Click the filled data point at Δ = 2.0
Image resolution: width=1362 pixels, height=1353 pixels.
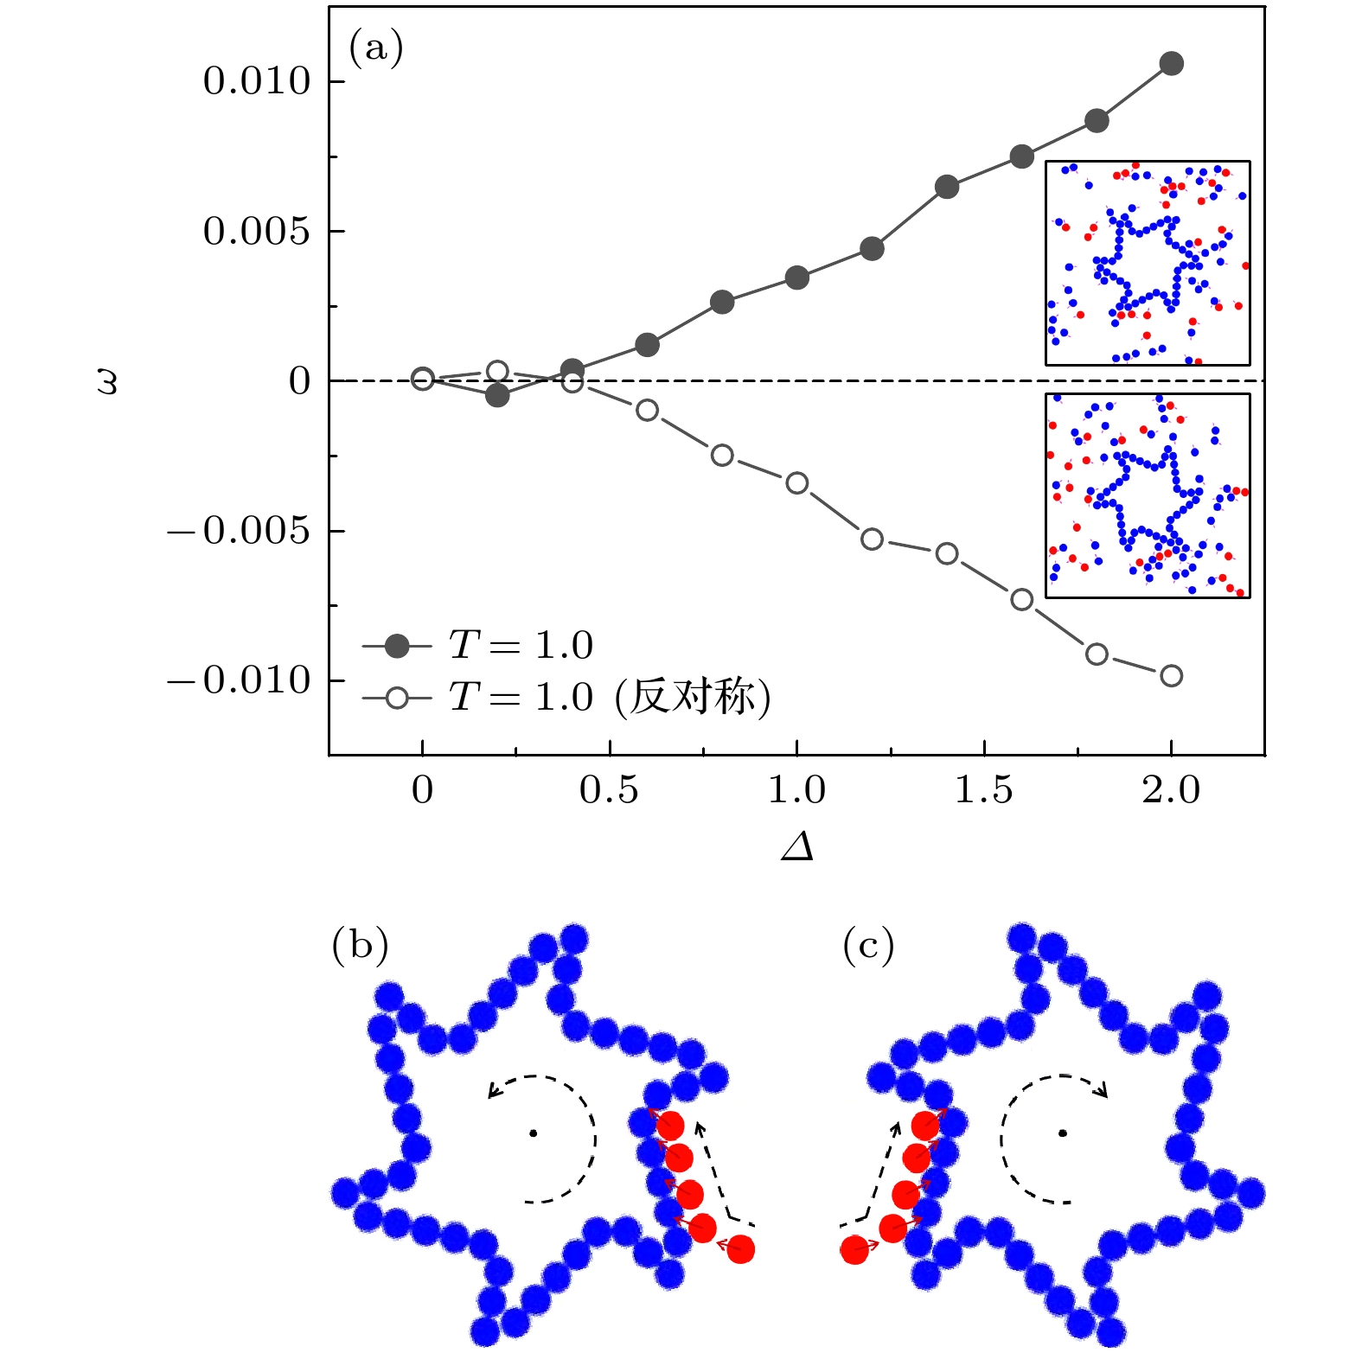(x=1171, y=63)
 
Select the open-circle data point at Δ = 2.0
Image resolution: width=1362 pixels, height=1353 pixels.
(x=1171, y=676)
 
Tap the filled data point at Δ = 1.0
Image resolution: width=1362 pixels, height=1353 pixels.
(x=796, y=278)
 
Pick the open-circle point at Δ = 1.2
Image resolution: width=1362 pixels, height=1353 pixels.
(x=872, y=539)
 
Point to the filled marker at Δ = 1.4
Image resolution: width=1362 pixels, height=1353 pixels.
(x=947, y=187)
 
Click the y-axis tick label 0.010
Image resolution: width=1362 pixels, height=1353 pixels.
(x=256, y=81)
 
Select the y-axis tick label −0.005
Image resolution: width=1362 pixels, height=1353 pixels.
(x=239, y=531)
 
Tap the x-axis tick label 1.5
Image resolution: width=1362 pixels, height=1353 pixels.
(x=984, y=790)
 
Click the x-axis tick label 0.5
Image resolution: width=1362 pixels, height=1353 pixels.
(x=609, y=790)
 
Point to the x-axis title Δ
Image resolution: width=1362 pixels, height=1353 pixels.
(x=796, y=847)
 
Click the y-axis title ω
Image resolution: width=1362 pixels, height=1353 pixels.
(x=107, y=381)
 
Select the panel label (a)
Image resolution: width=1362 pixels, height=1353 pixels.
(x=375, y=48)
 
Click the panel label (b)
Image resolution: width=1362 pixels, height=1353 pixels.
(x=360, y=946)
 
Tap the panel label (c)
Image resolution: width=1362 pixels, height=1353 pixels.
(x=868, y=946)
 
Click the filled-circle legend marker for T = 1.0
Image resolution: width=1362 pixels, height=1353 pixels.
(x=397, y=646)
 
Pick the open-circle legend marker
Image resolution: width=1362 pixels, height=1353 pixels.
(x=397, y=697)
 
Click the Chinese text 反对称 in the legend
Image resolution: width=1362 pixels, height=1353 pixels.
(x=692, y=697)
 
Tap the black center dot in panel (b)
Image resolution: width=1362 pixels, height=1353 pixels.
(x=534, y=1133)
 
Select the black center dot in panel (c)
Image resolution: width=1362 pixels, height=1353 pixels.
(x=1062, y=1133)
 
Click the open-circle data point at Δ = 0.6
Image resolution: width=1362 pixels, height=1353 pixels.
(x=647, y=410)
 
